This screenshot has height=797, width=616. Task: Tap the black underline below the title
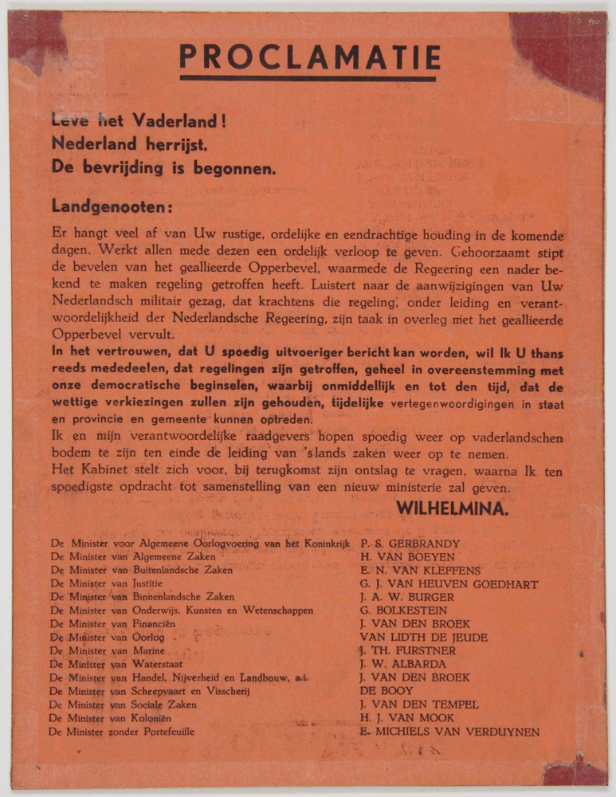pyautogui.click(x=308, y=78)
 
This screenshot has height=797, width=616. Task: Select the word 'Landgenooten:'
pyautogui.click(x=112, y=205)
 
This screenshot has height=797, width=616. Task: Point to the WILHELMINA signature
pyautogui.click(x=453, y=508)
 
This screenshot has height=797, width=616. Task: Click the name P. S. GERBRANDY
pyautogui.click(x=410, y=544)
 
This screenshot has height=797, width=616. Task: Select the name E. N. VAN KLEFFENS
pyautogui.click(x=420, y=571)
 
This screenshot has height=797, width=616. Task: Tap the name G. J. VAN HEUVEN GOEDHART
pyautogui.click(x=449, y=584)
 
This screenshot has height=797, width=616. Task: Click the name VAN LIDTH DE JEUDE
pyautogui.click(x=424, y=638)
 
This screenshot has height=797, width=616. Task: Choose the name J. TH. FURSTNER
pyautogui.click(x=407, y=651)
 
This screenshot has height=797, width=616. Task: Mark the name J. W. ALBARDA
pyautogui.click(x=402, y=665)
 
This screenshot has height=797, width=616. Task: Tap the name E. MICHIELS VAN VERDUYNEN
pyautogui.click(x=449, y=732)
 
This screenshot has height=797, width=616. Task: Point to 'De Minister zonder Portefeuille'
pyautogui.click(x=123, y=732)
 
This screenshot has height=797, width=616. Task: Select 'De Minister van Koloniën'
pyautogui.click(x=112, y=718)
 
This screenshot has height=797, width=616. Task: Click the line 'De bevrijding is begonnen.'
pyautogui.click(x=163, y=168)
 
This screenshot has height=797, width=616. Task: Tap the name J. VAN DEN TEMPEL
pyautogui.click(x=419, y=705)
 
